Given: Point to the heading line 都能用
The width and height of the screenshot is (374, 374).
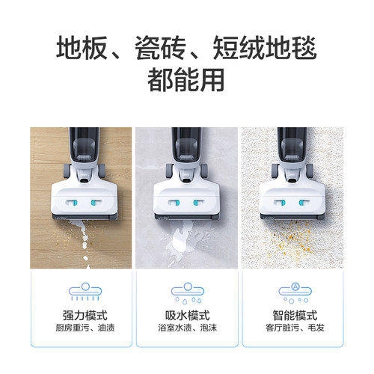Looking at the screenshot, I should click(187, 81).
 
